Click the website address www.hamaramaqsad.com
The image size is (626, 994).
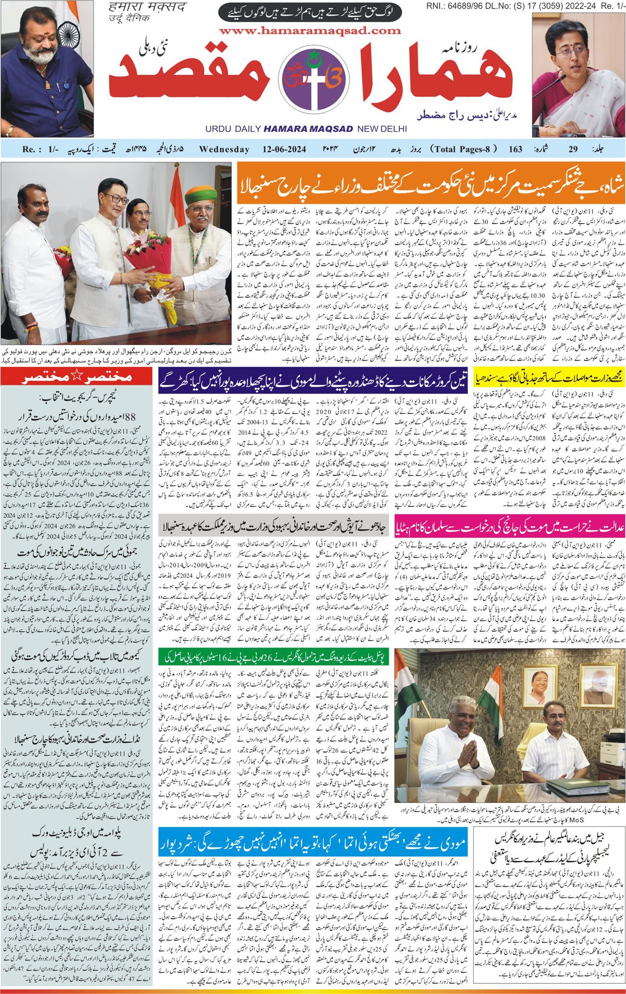click(310, 31)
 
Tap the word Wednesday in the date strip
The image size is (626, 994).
click(224, 149)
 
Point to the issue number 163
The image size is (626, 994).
click(515, 149)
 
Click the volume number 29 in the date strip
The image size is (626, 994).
click(573, 149)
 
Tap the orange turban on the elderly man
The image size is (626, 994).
click(201, 194)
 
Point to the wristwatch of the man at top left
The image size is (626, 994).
click(10, 130)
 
